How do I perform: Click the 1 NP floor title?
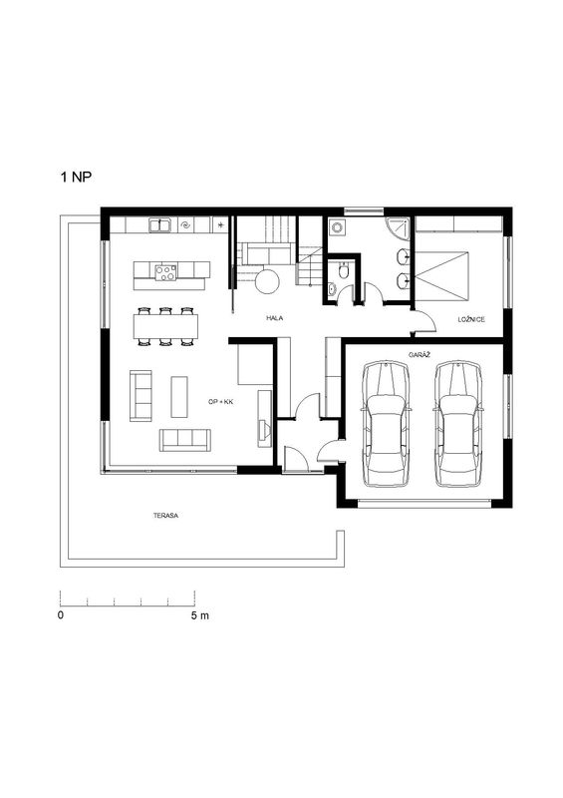pos(77,178)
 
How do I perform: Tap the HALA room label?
pos(274,318)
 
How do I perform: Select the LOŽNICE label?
pos(471,319)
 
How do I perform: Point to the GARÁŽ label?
pos(420,354)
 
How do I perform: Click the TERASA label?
pos(165,516)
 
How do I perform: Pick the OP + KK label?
pos(221,402)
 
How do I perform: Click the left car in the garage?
pos(386,424)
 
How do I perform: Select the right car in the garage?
pos(458,424)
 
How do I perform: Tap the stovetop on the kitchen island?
pos(165,272)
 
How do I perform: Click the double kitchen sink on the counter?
pos(159,225)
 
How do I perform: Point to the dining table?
pos(165,327)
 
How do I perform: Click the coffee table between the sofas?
pos(179,397)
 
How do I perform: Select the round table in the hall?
pos(267,281)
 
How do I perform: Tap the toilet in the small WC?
pos(345,270)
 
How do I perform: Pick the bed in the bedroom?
pos(441,276)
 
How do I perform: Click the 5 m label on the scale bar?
pos(200,615)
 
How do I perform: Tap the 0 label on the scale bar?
pos(61,615)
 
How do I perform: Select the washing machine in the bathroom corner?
pos(337,227)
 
